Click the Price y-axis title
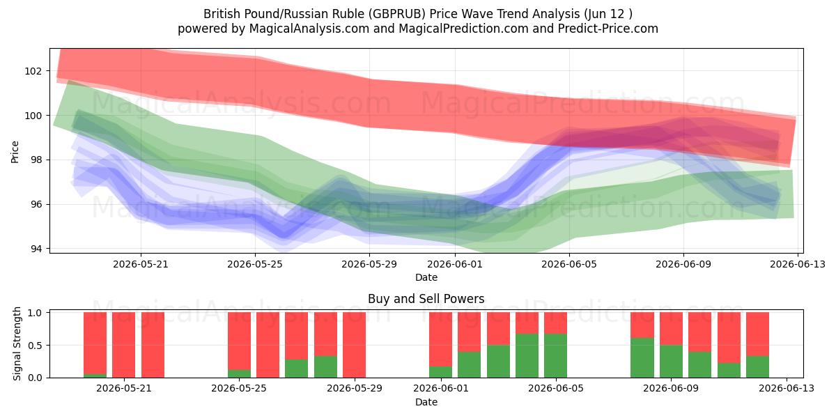(x=15, y=152)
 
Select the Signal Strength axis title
(x=17, y=343)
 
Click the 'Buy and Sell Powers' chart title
(x=426, y=299)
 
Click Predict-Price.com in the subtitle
(x=608, y=29)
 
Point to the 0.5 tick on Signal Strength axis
(x=35, y=346)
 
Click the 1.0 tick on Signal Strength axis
(x=35, y=312)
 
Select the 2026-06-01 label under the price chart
(x=454, y=264)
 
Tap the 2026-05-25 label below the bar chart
(x=239, y=388)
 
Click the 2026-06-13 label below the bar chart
(x=787, y=388)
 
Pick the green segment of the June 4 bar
(x=527, y=356)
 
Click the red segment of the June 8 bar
(x=642, y=325)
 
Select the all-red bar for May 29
(x=354, y=345)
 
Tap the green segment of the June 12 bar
(x=758, y=367)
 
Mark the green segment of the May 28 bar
(x=325, y=367)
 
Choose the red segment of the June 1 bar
(x=440, y=339)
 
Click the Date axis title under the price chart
(x=426, y=277)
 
